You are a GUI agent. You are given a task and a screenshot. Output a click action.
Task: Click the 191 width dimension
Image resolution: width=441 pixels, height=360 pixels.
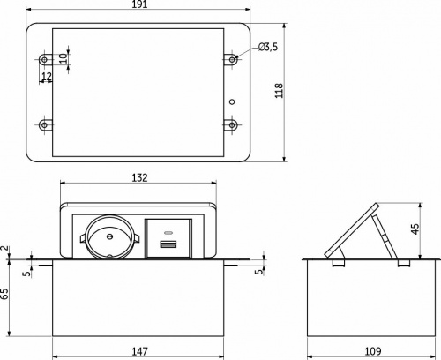(x=139, y=4)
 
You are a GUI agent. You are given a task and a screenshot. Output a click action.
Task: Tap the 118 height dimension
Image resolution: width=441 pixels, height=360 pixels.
(x=279, y=91)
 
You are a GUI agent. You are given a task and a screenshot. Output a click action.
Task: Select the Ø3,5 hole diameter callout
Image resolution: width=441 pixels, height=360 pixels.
(x=268, y=47)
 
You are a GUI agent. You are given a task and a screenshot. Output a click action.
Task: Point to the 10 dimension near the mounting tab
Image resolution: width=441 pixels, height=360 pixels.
(x=63, y=58)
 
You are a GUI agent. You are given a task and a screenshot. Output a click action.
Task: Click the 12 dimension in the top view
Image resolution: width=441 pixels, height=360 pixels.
(x=47, y=76)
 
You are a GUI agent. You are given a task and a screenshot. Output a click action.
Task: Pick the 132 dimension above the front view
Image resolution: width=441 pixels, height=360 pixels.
(x=139, y=177)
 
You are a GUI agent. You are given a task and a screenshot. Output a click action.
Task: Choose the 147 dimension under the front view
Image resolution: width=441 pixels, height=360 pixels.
(x=139, y=351)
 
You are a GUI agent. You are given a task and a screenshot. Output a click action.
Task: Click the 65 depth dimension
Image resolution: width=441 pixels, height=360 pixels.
(x=4, y=294)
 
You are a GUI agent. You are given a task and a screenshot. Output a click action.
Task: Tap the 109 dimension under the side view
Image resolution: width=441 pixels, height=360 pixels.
(x=373, y=351)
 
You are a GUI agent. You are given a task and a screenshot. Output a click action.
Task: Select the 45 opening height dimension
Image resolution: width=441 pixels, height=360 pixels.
(x=415, y=229)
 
